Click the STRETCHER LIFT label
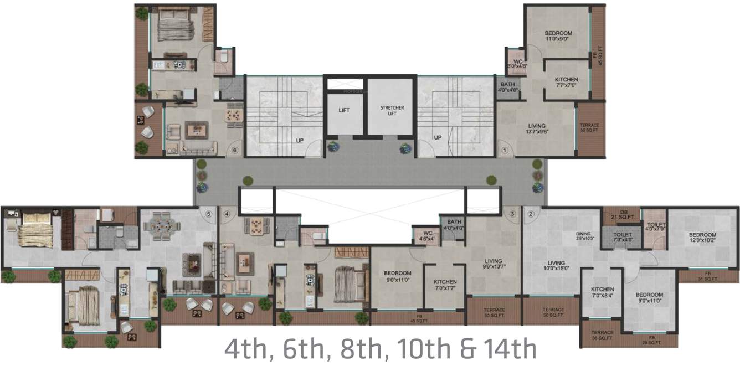coord(392,110)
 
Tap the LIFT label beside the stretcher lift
coord(344,110)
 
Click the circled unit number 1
coord(505,150)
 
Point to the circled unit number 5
coord(209,214)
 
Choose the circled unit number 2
coord(530,214)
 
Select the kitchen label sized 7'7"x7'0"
coord(566,83)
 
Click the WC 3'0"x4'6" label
coord(517,63)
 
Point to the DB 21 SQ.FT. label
coord(621,214)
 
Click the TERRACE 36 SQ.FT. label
coord(602,335)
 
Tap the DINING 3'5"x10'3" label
coord(584,236)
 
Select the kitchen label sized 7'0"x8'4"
coord(602,292)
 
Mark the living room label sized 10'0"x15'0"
coord(556,266)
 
